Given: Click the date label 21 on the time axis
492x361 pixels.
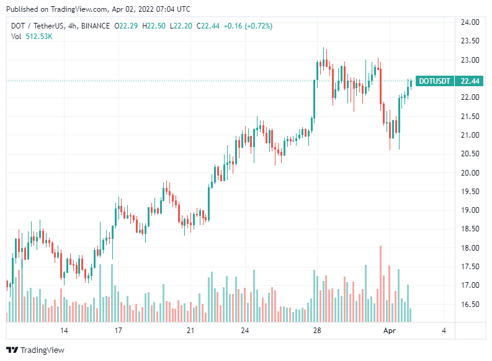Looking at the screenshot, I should (x=190, y=331).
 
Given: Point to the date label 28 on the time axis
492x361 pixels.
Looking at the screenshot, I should (x=316, y=331).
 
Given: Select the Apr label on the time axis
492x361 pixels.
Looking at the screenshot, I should (x=389, y=331).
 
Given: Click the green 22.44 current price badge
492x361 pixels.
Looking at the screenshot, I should (x=468, y=81).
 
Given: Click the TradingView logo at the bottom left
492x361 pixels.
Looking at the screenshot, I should (x=35, y=350).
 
